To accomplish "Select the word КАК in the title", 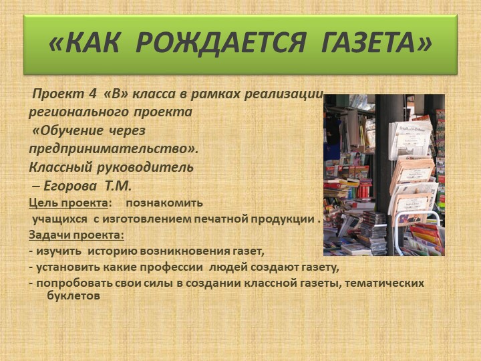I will pos(88,44).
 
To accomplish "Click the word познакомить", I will pos(164,203).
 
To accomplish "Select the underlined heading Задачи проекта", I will pos(76,235).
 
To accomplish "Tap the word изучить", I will pos(59,251).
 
